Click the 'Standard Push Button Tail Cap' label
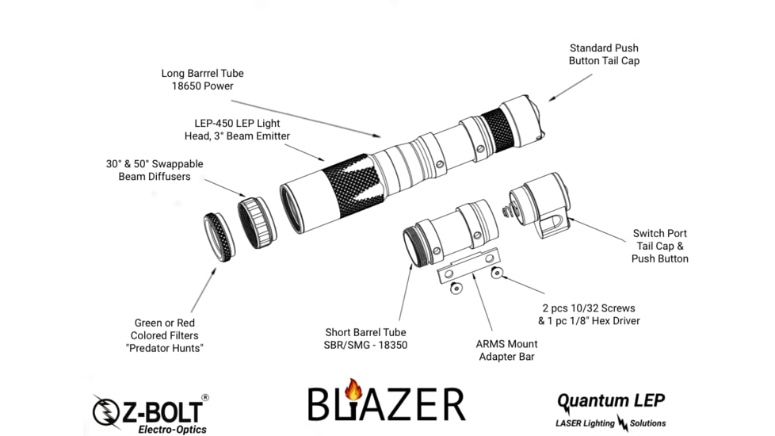pos(603,54)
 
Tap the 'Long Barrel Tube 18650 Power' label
pos(202,79)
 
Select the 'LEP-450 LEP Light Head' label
pos(242,129)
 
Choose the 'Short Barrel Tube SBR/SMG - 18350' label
pos(366,338)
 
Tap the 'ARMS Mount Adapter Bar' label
pos(506,350)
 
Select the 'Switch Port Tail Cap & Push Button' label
pos(659,246)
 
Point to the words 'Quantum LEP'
pos(611,400)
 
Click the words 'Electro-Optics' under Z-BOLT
pos(172,429)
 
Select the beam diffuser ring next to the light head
pos(257,222)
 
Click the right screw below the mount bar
pos(497,273)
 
